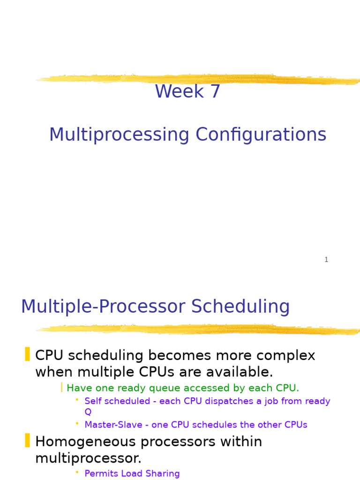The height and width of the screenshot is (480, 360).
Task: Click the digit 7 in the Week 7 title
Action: (215, 91)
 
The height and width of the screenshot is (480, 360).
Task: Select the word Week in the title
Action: (180, 91)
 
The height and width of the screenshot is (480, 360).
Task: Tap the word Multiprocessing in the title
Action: (120, 135)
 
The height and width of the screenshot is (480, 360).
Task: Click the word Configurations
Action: (261, 135)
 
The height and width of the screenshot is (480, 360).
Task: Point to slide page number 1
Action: (326, 260)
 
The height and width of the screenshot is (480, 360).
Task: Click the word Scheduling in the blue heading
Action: (240, 307)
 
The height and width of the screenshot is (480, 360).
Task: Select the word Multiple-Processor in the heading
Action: (103, 307)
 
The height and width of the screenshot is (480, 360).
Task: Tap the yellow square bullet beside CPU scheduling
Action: (27, 354)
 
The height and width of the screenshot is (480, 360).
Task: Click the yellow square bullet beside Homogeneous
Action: (27, 441)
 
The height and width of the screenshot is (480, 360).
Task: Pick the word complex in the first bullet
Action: (286, 356)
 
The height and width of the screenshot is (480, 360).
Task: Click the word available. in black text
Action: (240, 372)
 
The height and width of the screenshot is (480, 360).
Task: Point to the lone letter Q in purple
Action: (88, 412)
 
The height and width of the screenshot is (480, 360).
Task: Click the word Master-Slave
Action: (113, 425)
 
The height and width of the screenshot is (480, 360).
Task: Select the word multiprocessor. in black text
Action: (88, 458)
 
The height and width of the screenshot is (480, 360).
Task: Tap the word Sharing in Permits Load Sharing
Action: (163, 473)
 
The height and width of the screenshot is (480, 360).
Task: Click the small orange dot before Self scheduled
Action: (77, 399)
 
